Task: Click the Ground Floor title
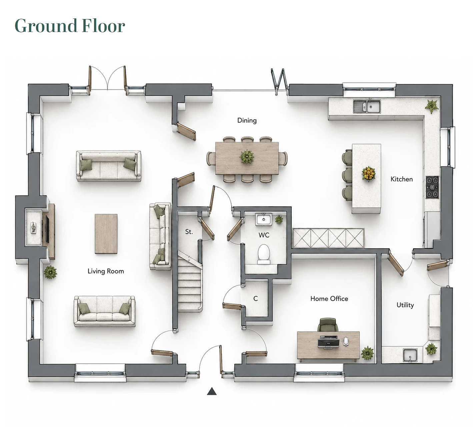(x=70, y=26)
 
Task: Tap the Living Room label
(x=106, y=271)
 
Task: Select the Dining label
(x=247, y=121)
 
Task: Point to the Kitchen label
(x=402, y=179)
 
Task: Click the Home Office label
(x=329, y=299)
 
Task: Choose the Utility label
(x=405, y=305)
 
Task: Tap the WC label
(x=264, y=235)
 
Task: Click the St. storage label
(x=189, y=232)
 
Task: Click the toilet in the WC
(x=264, y=254)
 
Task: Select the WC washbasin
(x=264, y=220)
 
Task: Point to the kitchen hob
(x=432, y=187)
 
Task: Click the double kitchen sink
(x=367, y=106)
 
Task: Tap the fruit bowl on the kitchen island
(x=369, y=174)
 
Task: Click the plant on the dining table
(x=247, y=156)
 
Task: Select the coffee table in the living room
(x=106, y=234)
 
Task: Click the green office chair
(x=328, y=325)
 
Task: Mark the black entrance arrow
(x=212, y=391)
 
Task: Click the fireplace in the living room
(x=34, y=227)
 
